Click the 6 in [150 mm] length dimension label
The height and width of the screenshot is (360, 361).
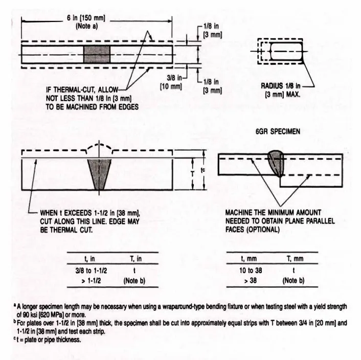[86, 18]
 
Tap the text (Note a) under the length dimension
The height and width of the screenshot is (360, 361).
[87, 26]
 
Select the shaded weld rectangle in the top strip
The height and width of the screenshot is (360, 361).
[97, 54]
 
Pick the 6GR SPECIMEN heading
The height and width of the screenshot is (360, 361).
[278, 131]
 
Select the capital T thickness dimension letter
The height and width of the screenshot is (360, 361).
[193, 174]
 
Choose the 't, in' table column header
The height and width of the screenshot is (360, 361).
[89, 259]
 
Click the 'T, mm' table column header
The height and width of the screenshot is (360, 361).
[295, 259]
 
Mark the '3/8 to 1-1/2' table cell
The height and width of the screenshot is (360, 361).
[91, 271]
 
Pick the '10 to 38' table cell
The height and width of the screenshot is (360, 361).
[251, 270]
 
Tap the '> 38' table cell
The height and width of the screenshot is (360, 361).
[250, 280]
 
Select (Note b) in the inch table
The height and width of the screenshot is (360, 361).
[134, 281]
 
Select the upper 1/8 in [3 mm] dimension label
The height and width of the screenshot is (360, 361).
[212, 30]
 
